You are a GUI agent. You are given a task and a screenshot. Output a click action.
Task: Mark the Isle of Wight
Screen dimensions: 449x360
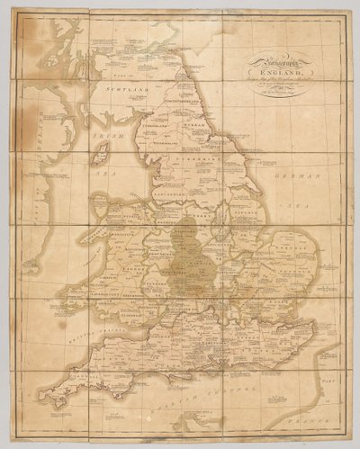[207, 368]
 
